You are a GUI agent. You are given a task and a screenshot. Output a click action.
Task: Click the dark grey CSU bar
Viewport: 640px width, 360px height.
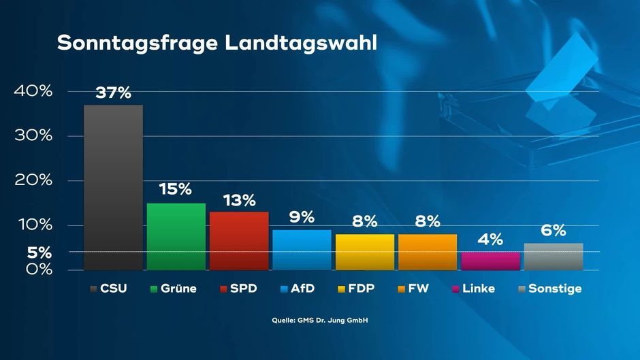pos(113,187)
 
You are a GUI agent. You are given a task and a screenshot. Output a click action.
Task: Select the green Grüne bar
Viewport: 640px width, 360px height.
pos(176,236)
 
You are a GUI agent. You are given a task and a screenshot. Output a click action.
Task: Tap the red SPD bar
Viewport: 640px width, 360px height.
pos(239,241)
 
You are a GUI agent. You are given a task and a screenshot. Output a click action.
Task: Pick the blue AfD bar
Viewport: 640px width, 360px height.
pos(302,250)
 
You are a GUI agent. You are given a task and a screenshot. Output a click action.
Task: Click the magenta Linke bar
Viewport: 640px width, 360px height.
pos(490,261)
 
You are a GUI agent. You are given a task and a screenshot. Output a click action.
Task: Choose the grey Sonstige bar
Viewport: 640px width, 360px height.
pos(553,257)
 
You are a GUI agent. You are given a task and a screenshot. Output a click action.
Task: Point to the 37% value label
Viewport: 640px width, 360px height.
pos(113,93)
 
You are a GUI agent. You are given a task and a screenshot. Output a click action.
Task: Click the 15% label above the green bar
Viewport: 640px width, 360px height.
pos(176,190)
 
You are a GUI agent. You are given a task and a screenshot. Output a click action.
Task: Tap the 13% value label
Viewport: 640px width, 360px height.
pos(239,200)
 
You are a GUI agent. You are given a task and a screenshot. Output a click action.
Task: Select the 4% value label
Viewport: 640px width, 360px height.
pos(490,240)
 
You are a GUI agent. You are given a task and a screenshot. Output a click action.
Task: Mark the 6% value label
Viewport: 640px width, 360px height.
pos(553,231)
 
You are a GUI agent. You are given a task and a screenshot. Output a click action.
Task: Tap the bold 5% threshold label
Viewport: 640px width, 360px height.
pos(39,252)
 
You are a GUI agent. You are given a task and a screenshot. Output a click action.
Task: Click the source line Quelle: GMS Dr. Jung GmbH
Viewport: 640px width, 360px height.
pos(319,320)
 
